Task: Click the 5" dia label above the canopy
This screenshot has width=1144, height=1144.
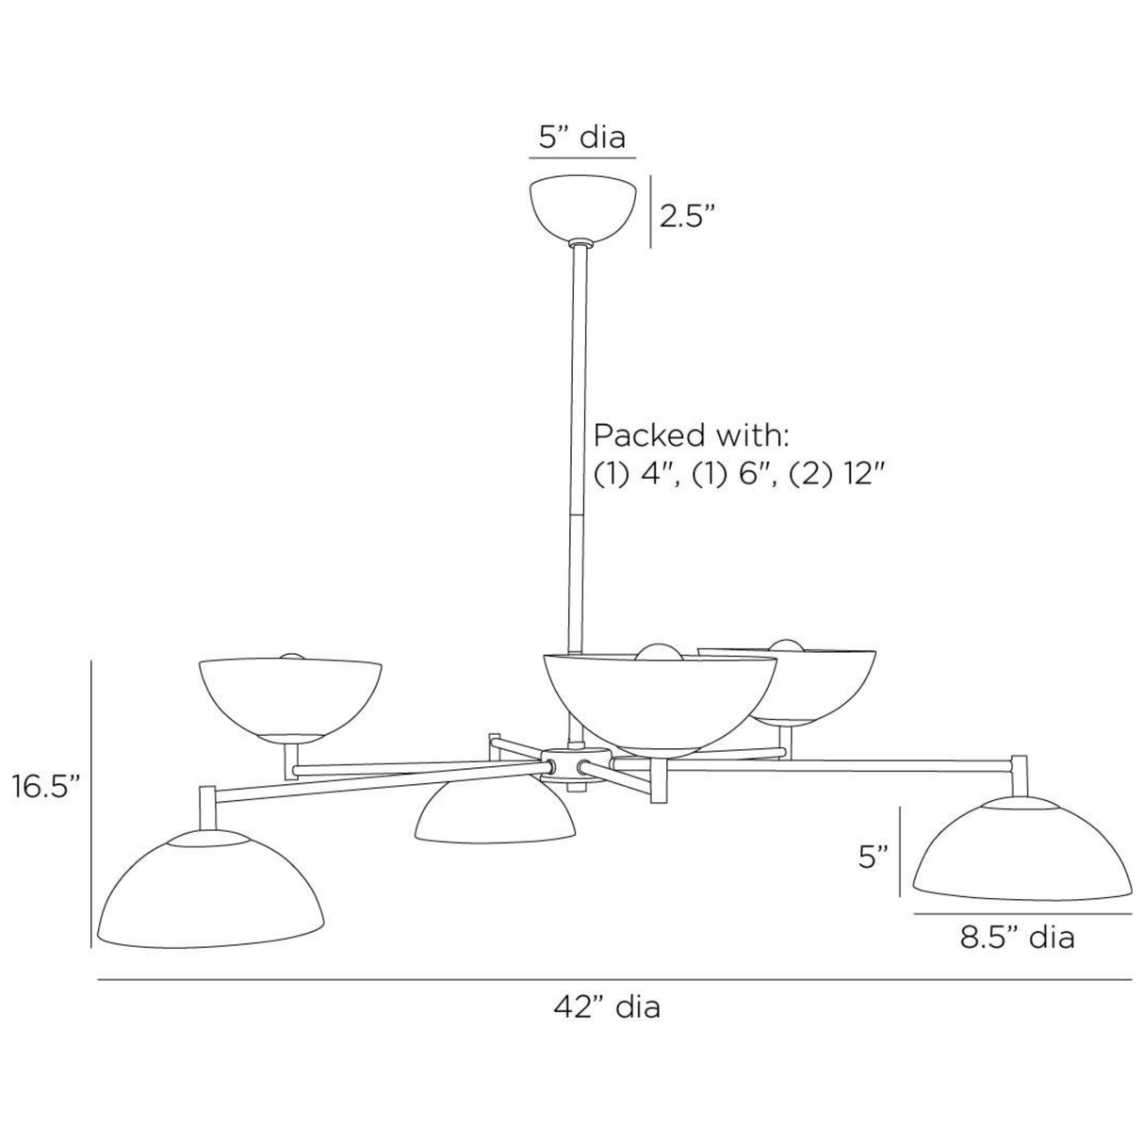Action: tap(581, 138)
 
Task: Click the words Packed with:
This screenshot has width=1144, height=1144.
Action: tap(691, 435)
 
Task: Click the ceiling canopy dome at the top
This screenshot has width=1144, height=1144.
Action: tap(582, 207)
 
